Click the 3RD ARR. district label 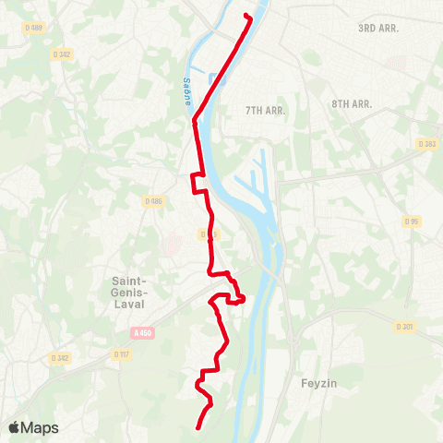[378, 29]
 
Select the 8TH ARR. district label [352, 104]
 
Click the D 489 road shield [34, 28]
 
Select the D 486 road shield [153, 201]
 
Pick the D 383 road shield [427, 144]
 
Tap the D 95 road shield [411, 221]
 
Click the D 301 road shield [404, 327]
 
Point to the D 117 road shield [122, 354]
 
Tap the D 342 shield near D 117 [61, 358]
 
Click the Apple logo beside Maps [15, 427]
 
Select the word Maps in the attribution [41, 428]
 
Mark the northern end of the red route [245, 16]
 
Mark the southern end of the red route [199, 426]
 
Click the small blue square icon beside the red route [214, 78]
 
